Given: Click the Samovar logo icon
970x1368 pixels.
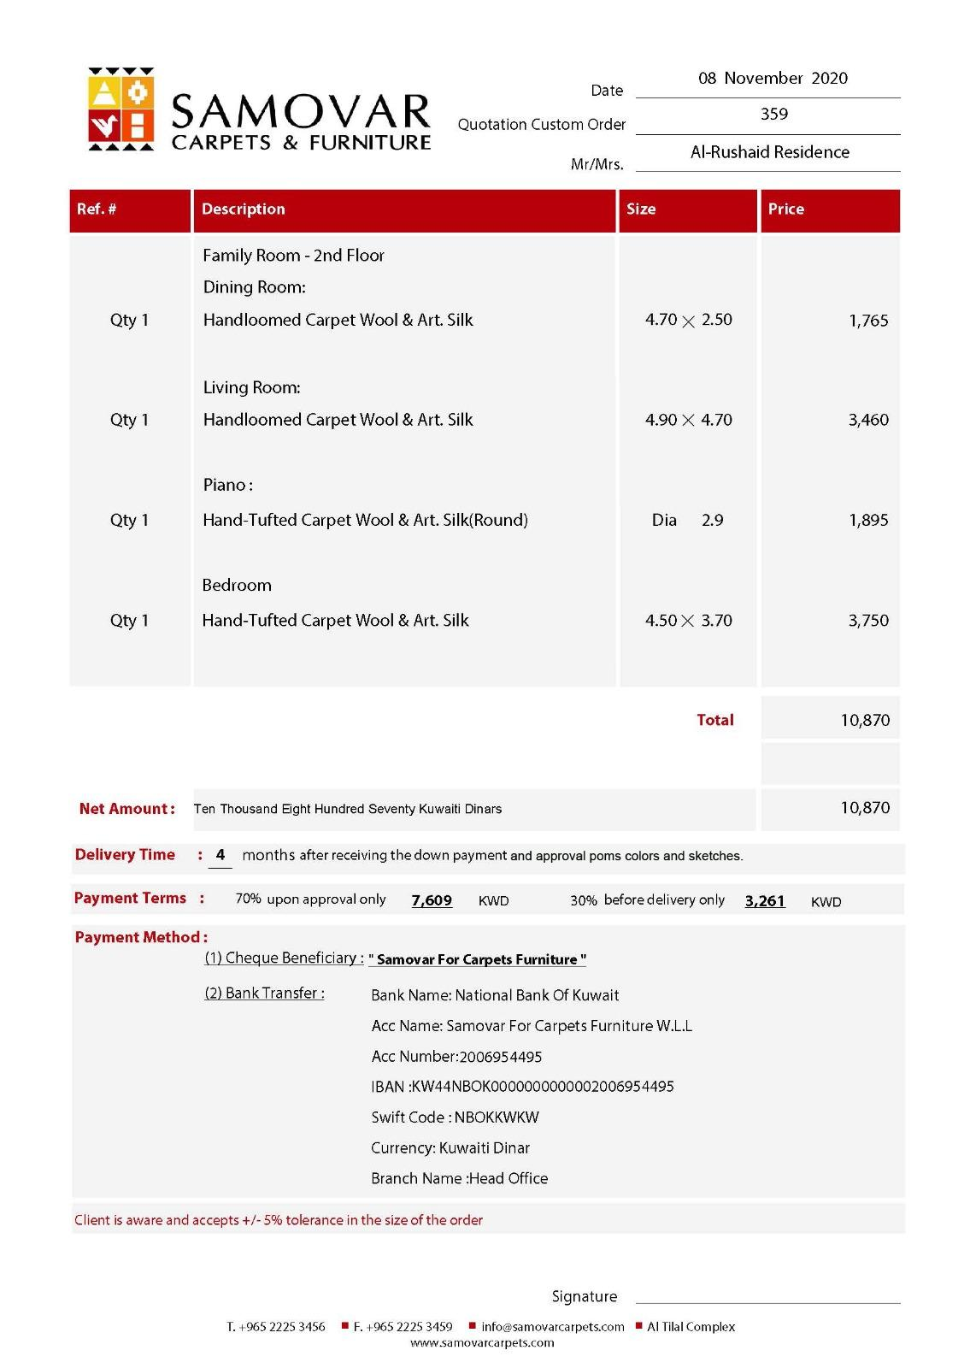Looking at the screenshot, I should [121, 109].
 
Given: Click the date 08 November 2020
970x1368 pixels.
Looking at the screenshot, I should [773, 79].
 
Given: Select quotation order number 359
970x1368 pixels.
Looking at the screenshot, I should [773, 114].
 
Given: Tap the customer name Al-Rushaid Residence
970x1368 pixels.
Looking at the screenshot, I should [769, 152].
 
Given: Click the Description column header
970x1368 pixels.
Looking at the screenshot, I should [244, 209].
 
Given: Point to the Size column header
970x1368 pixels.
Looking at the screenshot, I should [641, 209].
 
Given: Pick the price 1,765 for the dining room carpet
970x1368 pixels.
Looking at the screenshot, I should [868, 321].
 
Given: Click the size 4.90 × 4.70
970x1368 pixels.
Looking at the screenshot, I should [688, 420].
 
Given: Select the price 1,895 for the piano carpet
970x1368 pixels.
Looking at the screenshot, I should [868, 520].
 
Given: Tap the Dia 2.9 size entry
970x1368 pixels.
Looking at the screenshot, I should [687, 520].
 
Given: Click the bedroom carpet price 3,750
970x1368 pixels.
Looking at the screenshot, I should [868, 621].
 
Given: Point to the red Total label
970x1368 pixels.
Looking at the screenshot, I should [714, 720].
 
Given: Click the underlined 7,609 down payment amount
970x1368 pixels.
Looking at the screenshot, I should [432, 900].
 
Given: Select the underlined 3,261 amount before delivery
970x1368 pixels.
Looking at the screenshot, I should [765, 900].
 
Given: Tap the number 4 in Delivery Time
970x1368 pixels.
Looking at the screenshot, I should [220, 855].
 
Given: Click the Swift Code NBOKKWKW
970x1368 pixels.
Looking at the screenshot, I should [455, 1117].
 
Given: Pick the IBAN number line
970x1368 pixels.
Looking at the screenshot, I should [522, 1087].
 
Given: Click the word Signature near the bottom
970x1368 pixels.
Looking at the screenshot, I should [585, 1297].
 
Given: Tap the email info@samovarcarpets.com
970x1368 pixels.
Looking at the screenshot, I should [552, 1327].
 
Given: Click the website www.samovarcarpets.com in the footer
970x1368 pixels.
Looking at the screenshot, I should [482, 1343].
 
